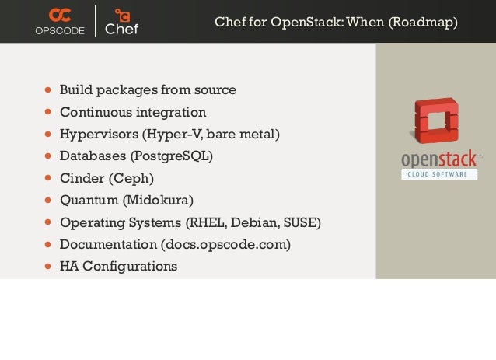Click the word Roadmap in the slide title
(x=426, y=22)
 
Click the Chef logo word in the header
(x=121, y=30)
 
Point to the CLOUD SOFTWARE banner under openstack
(x=440, y=174)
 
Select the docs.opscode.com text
(x=225, y=245)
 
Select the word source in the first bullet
(x=216, y=90)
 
